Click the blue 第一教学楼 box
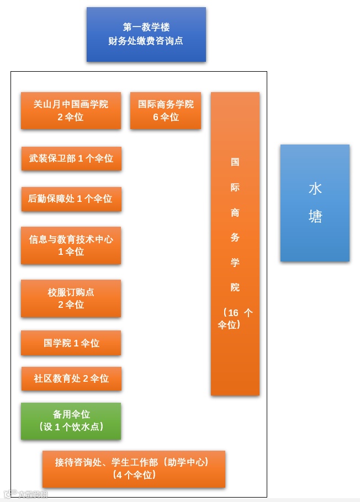tap(146, 34)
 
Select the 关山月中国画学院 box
tap(71, 110)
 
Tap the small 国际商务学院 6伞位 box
tap(166, 110)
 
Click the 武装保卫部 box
tap(71, 158)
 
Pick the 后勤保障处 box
tap(71, 199)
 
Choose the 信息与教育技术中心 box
tap(71, 245)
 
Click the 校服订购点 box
tap(71, 298)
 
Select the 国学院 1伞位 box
tap(71, 343)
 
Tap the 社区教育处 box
tap(71, 378)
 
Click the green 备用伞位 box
tap(71, 421)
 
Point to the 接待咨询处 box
tap(134, 469)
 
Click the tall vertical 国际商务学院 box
tap(235, 243)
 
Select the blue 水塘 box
tap(315, 202)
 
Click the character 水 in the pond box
tap(315, 189)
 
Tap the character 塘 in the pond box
tap(315, 217)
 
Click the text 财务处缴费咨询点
tap(146, 41)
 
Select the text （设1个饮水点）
tap(71, 427)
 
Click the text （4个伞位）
tap(134, 475)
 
